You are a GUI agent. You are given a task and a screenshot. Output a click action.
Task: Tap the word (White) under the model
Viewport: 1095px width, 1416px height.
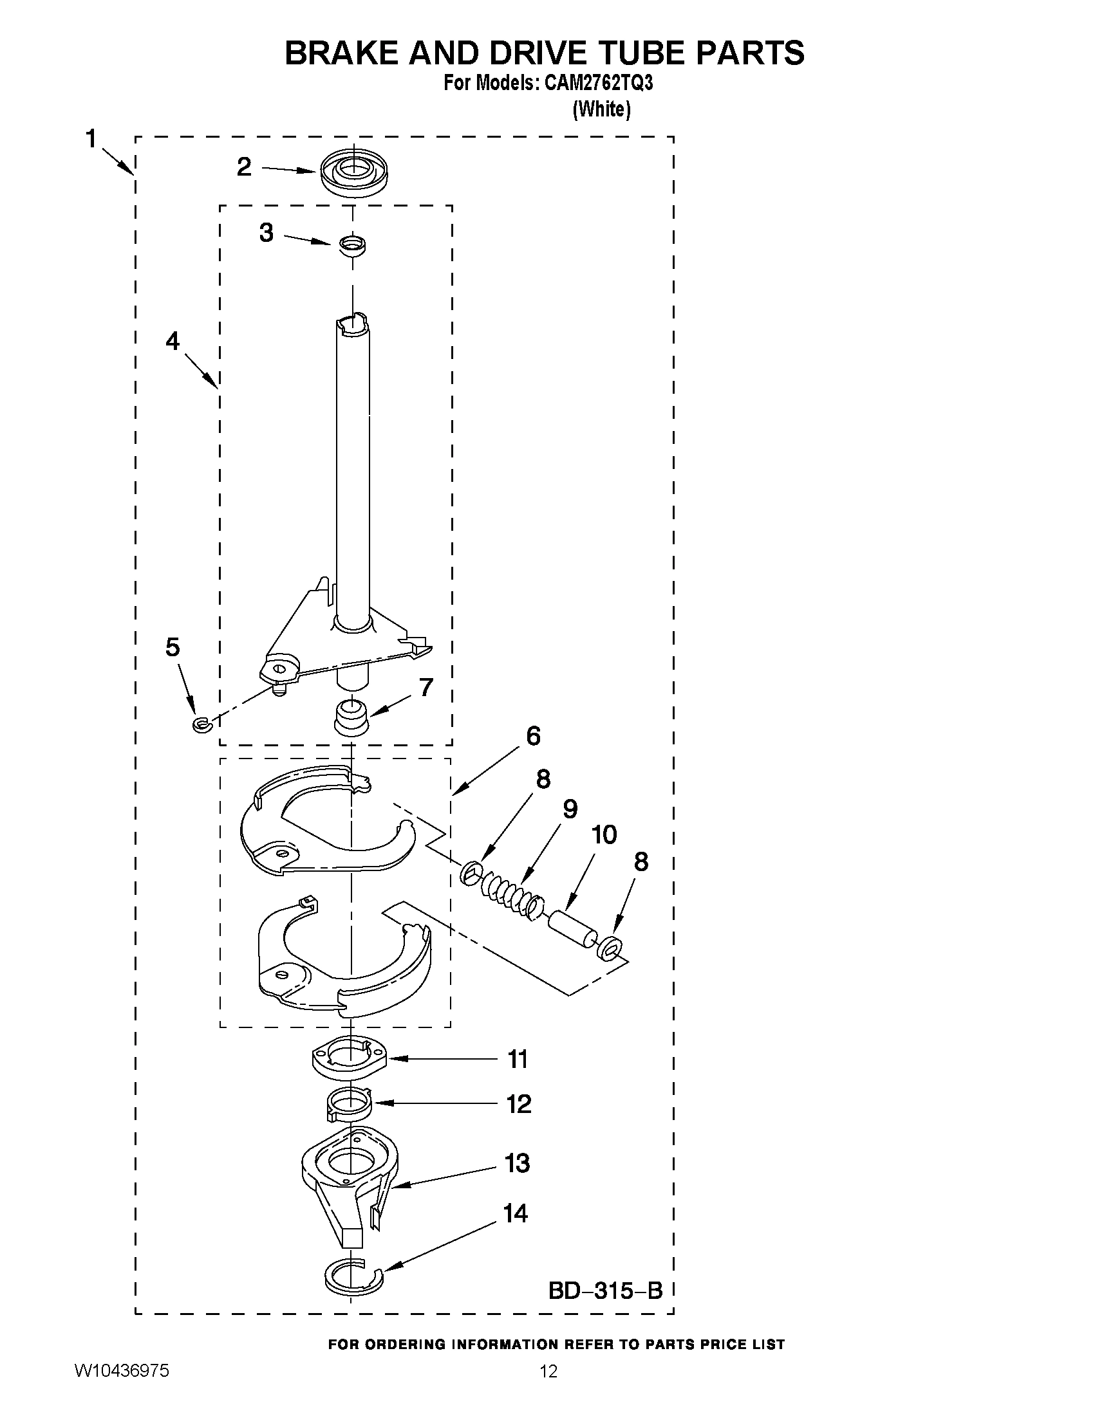pyautogui.click(x=601, y=109)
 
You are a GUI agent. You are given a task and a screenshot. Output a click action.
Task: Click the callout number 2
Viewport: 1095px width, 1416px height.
pyautogui.click(x=244, y=167)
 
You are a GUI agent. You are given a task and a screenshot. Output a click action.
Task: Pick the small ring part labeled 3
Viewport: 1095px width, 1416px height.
pyautogui.click(x=352, y=246)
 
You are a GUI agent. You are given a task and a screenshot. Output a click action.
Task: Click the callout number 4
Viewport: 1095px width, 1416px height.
pyautogui.click(x=173, y=341)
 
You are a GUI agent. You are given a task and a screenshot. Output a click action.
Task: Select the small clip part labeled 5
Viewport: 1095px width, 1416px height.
pyautogui.click(x=198, y=724)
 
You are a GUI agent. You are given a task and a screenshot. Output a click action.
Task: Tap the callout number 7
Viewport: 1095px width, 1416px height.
pyautogui.click(x=426, y=687)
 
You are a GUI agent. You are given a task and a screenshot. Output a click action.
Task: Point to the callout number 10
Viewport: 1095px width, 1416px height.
pyautogui.click(x=604, y=835)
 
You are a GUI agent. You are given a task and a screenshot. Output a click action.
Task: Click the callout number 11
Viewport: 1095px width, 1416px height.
pyautogui.click(x=518, y=1060)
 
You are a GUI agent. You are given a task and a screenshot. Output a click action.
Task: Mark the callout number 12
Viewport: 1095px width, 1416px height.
pyautogui.click(x=519, y=1103)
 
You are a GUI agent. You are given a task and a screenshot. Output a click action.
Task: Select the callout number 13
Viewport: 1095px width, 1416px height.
pyautogui.click(x=518, y=1163)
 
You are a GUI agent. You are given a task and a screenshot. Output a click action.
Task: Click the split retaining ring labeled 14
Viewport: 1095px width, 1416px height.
pyautogui.click(x=353, y=1276)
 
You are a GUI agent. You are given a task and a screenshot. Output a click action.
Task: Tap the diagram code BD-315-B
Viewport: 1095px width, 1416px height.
pyautogui.click(x=605, y=1291)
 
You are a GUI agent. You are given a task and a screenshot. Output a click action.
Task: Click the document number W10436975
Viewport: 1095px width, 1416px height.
pyautogui.click(x=122, y=1389)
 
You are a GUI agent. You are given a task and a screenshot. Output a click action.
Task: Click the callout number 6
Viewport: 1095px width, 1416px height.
pyautogui.click(x=532, y=736)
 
